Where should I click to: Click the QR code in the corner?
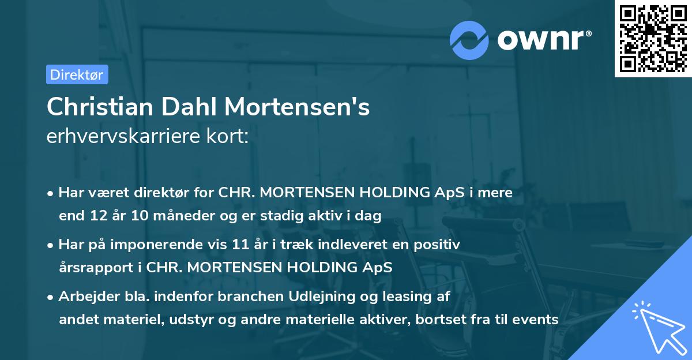(x=653, y=38)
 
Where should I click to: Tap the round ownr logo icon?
(x=469, y=40)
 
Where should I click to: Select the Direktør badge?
(x=77, y=74)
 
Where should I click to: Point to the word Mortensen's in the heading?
(x=297, y=107)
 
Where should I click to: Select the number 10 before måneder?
(x=138, y=216)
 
